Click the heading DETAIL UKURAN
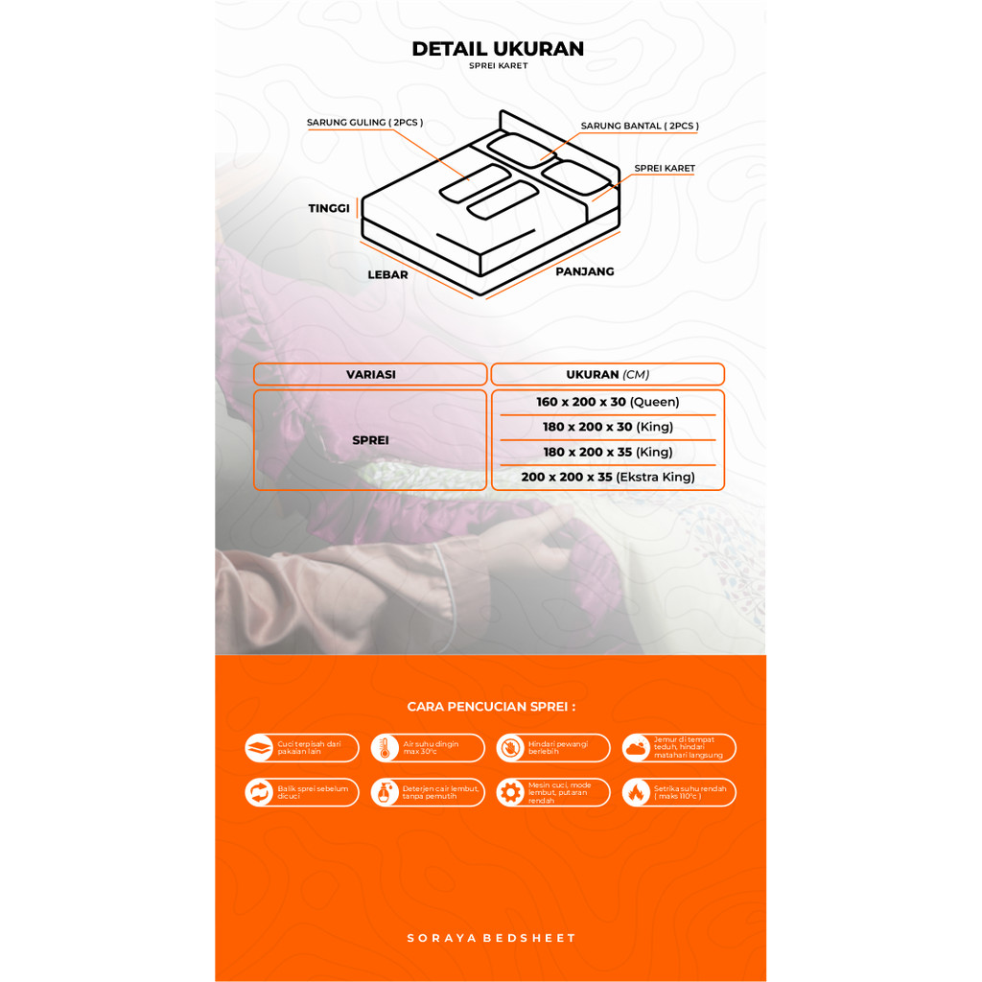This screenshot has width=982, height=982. click(x=498, y=49)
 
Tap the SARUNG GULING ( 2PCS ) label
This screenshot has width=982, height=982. click(x=364, y=123)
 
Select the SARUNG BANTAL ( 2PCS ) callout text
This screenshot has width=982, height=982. click(x=640, y=126)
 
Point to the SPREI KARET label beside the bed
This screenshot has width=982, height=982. click(x=665, y=169)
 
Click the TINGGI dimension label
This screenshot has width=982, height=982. click(x=329, y=208)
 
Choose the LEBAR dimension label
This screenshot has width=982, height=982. click(x=387, y=275)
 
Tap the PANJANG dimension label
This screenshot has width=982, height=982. click(x=585, y=271)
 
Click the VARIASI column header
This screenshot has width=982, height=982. click(x=370, y=375)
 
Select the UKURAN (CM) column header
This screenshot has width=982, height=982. click(x=606, y=375)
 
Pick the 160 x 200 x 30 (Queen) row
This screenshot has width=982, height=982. click(x=607, y=402)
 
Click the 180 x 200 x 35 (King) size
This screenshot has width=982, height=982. click(x=607, y=452)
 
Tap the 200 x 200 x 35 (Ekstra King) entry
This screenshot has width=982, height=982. click(x=607, y=477)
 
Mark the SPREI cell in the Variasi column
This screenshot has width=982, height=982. click(x=370, y=440)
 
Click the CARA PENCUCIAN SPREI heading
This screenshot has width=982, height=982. click(x=491, y=707)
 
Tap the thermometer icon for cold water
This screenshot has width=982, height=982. click(x=385, y=748)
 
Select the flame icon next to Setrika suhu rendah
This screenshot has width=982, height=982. click(x=636, y=792)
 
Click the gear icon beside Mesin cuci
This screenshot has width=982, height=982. click(x=510, y=792)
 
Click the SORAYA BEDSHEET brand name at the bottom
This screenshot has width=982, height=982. click(x=491, y=938)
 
